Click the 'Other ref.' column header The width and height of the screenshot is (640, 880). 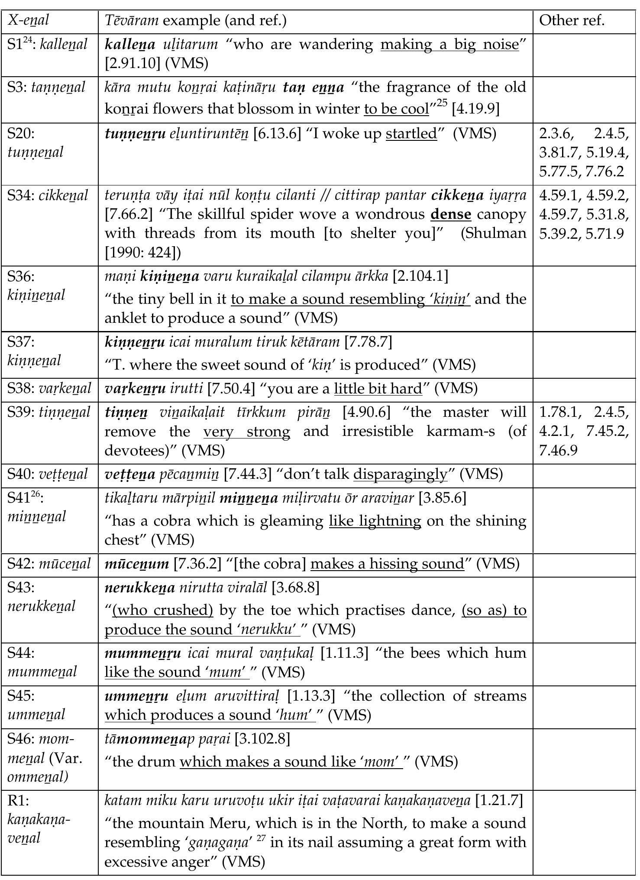pyautogui.click(x=572, y=20)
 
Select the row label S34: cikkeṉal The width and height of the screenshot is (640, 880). pyautogui.click(x=48, y=196)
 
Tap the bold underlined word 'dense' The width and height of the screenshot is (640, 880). pyautogui.click(x=451, y=214)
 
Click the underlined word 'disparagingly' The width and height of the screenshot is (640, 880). pyautogui.click(x=400, y=474)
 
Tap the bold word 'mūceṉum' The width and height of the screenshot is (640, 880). pyautogui.click(x=137, y=564)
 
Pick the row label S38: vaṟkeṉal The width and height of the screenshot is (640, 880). pyautogui.click(x=49, y=389)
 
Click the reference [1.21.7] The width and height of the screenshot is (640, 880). pyautogui.click(x=499, y=801)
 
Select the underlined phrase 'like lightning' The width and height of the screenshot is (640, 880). pyautogui.click(x=375, y=521)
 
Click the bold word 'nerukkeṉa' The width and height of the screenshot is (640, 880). pyautogui.click(x=140, y=588)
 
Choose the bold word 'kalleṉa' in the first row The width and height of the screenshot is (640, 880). pyautogui.click(x=130, y=45)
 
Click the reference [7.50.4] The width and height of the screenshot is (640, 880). pyautogui.click(x=231, y=389)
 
